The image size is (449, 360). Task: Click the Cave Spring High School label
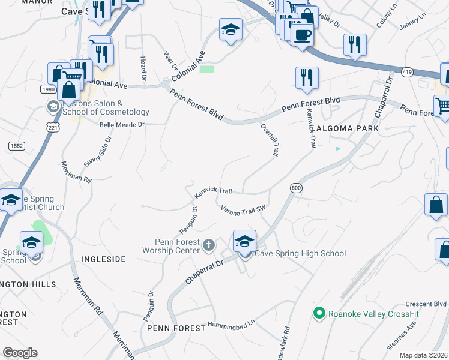[300, 254]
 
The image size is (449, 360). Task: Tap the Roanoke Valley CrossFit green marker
[319, 313]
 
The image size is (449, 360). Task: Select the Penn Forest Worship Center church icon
[209, 245]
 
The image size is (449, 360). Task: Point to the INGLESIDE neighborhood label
[103, 259]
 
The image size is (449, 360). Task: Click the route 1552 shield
[16, 146]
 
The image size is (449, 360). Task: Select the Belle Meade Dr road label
[122, 125]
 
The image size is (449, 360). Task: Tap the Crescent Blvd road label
[426, 304]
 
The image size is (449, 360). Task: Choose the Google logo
[20, 353]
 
